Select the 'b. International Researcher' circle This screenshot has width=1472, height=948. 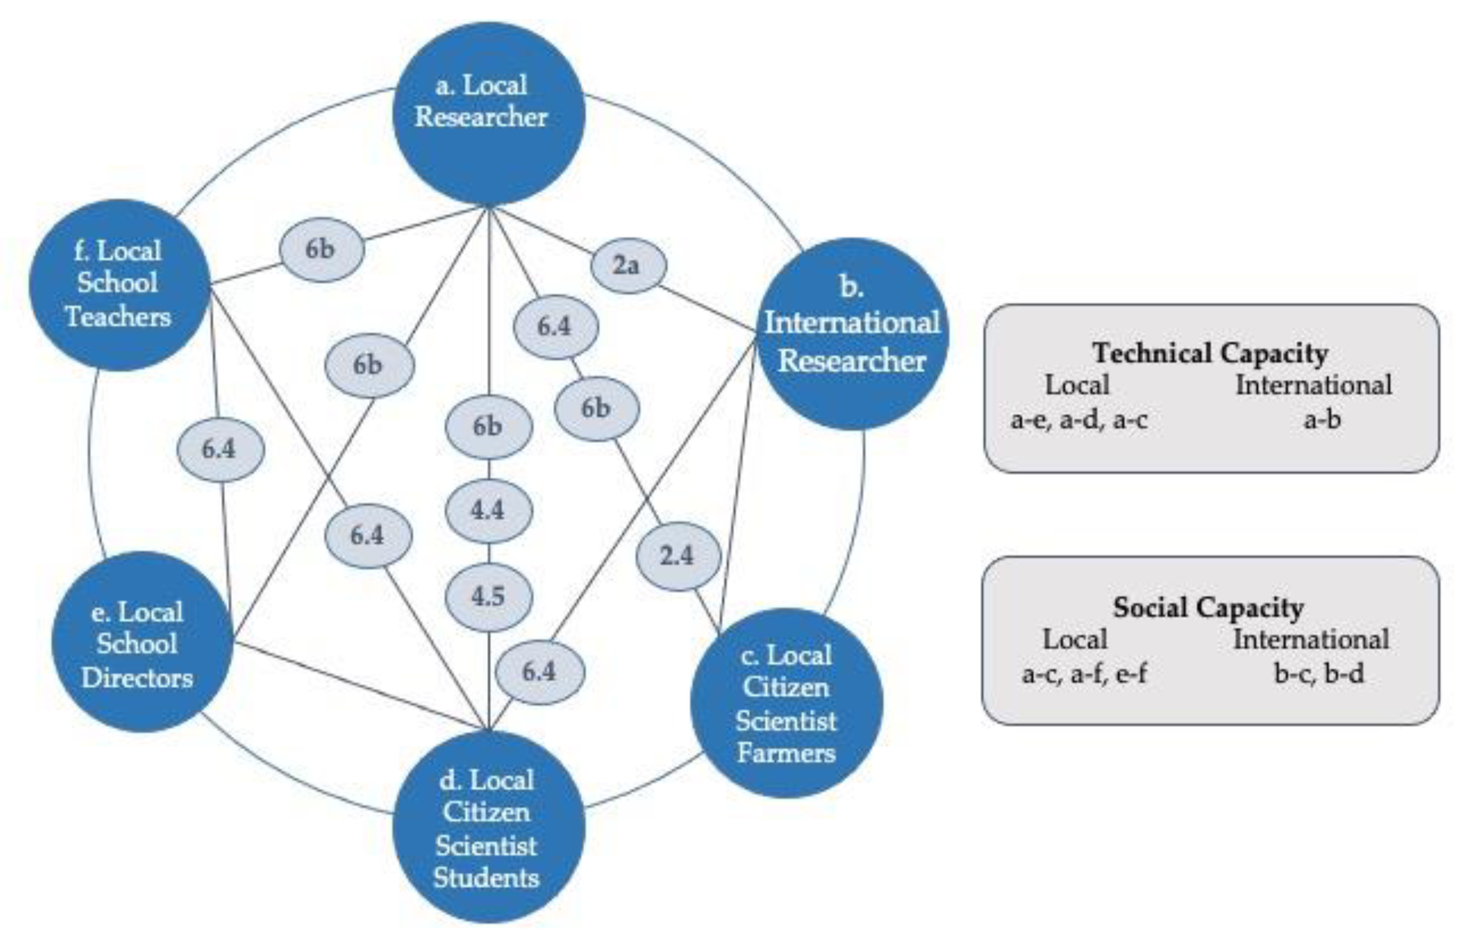tap(852, 334)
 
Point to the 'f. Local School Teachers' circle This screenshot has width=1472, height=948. tap(120, 285)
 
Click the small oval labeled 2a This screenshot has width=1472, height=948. tap(628, 266)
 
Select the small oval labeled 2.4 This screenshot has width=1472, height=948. tap(678, 556)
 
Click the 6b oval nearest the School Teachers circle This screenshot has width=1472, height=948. tap(321, 249)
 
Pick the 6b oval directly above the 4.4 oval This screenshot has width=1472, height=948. tap(488, 426)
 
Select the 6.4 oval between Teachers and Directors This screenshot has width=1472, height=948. tap(220, 449)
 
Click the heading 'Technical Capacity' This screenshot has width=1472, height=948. tap(1210, 353)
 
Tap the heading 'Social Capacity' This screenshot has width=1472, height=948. tap(1208, 608)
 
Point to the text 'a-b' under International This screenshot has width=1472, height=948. tap(1322, 420)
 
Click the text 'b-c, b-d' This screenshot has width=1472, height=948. tap(1319, 673)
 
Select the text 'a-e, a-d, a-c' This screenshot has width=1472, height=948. tap(1079, 420)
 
